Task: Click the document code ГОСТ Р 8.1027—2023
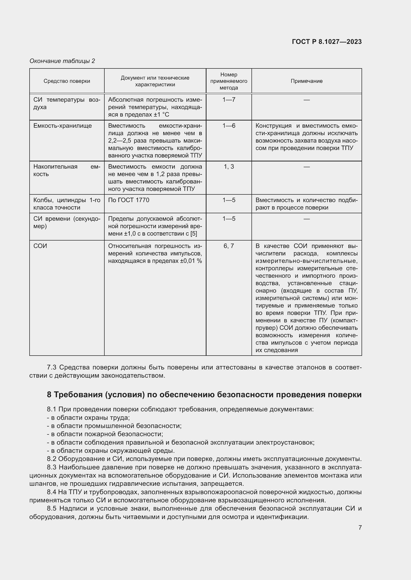[x=327, y=42]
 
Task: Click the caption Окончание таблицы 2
[x=62, y=61]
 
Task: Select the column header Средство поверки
[x=67, y=81]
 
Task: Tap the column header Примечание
[x=306, y=81]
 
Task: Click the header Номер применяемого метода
[x=229, y=81]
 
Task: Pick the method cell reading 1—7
[x=229, y=100]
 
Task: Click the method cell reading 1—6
[x=229, y=126]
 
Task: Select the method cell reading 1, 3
[x=229, y=167]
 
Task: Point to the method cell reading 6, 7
[x=229, y=246]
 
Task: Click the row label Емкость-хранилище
[x=63, y=126]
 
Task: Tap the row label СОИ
[x=40, y=246]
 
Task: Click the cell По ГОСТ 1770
[x=128, y=200]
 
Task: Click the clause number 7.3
[x=52, y=367]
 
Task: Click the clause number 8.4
[x=52, y=492]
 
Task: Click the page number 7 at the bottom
[x=360, y=527]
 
